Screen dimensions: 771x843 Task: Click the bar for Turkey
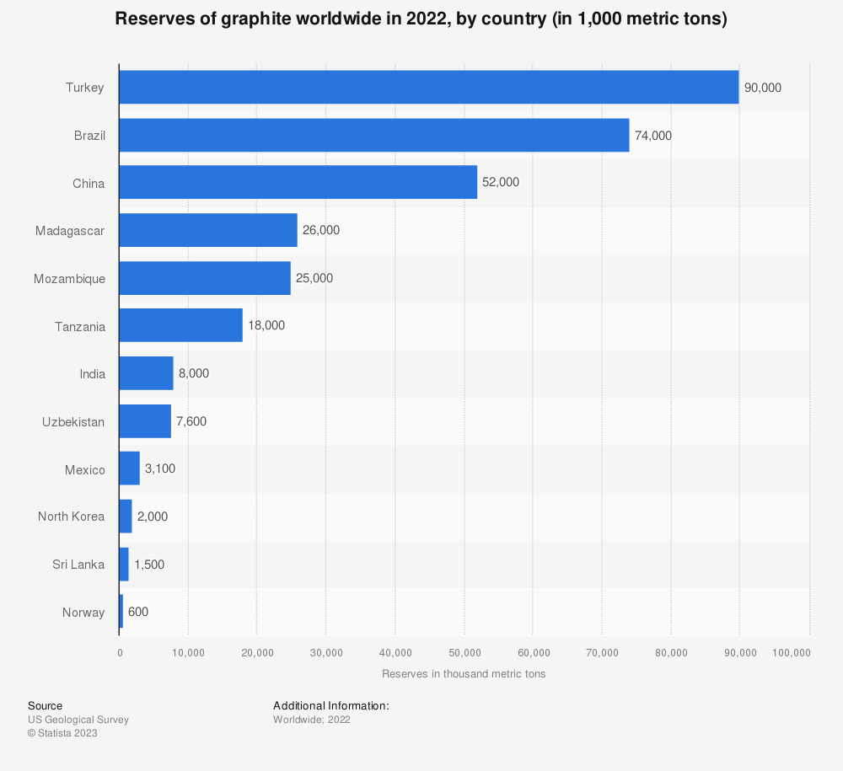click(x=428, y=87)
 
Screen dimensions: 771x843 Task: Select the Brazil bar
click(x=373, y=135)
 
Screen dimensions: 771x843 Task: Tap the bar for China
click(x=298, y=182)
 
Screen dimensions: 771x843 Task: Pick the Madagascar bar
click(x=207, y=230)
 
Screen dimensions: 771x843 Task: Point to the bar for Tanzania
click(x=180, y=325)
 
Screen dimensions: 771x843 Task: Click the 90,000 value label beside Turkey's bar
click(x=763, y=88)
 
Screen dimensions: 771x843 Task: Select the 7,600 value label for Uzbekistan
click(x=191, y=421)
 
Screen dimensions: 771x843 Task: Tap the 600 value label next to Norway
click(x=138, y=612)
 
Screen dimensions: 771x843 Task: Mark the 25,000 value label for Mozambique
click(x=314, y=278)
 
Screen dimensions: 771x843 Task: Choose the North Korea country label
click(x=72, y=517)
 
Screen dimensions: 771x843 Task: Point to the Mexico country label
click(x=85, y=469)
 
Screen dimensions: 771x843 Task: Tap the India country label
click(x=92, y=373)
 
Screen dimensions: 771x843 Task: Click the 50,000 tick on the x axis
click(x=464, y=652)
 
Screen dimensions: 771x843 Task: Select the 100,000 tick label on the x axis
click(x=791, y=652)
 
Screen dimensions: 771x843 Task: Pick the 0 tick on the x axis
click(x=120, y=652)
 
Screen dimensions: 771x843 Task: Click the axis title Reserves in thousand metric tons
click(x=464, y=674)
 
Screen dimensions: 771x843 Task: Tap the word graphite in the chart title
click(x=214, y=19)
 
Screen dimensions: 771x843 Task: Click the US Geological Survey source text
click(x=78, y=720)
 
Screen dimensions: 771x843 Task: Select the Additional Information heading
click(x=330, y=705)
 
